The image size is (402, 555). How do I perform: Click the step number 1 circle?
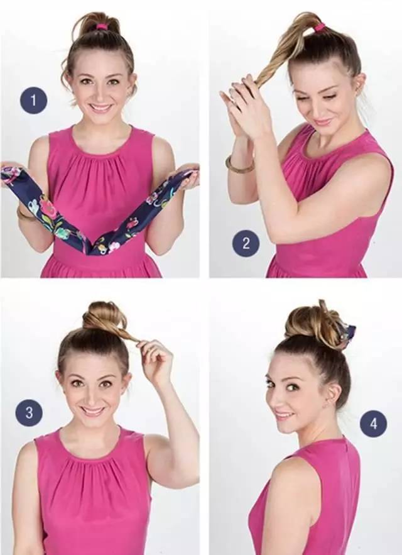pos(34,101)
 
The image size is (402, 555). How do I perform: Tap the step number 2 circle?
pos(246,243)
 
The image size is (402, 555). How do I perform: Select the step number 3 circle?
pos(29,413)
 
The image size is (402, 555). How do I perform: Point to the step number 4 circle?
pos(373,424)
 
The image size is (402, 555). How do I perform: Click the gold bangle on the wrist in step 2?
pos(239,165)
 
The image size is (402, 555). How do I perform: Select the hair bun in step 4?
pos(314,323)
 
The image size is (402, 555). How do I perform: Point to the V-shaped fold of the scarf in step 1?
pos(91,247)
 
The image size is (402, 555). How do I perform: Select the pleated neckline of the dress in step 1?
pos(101,156)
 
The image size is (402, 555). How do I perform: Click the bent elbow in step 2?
pos(280,230)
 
